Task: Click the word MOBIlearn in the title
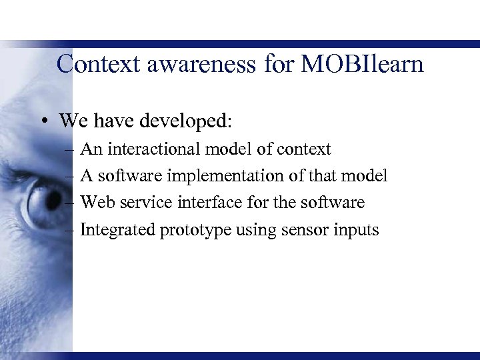[362, 64]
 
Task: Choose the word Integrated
[117, 230]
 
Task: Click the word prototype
[195, 231]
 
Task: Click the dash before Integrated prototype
[70, 230]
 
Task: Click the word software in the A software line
[130, 176]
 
